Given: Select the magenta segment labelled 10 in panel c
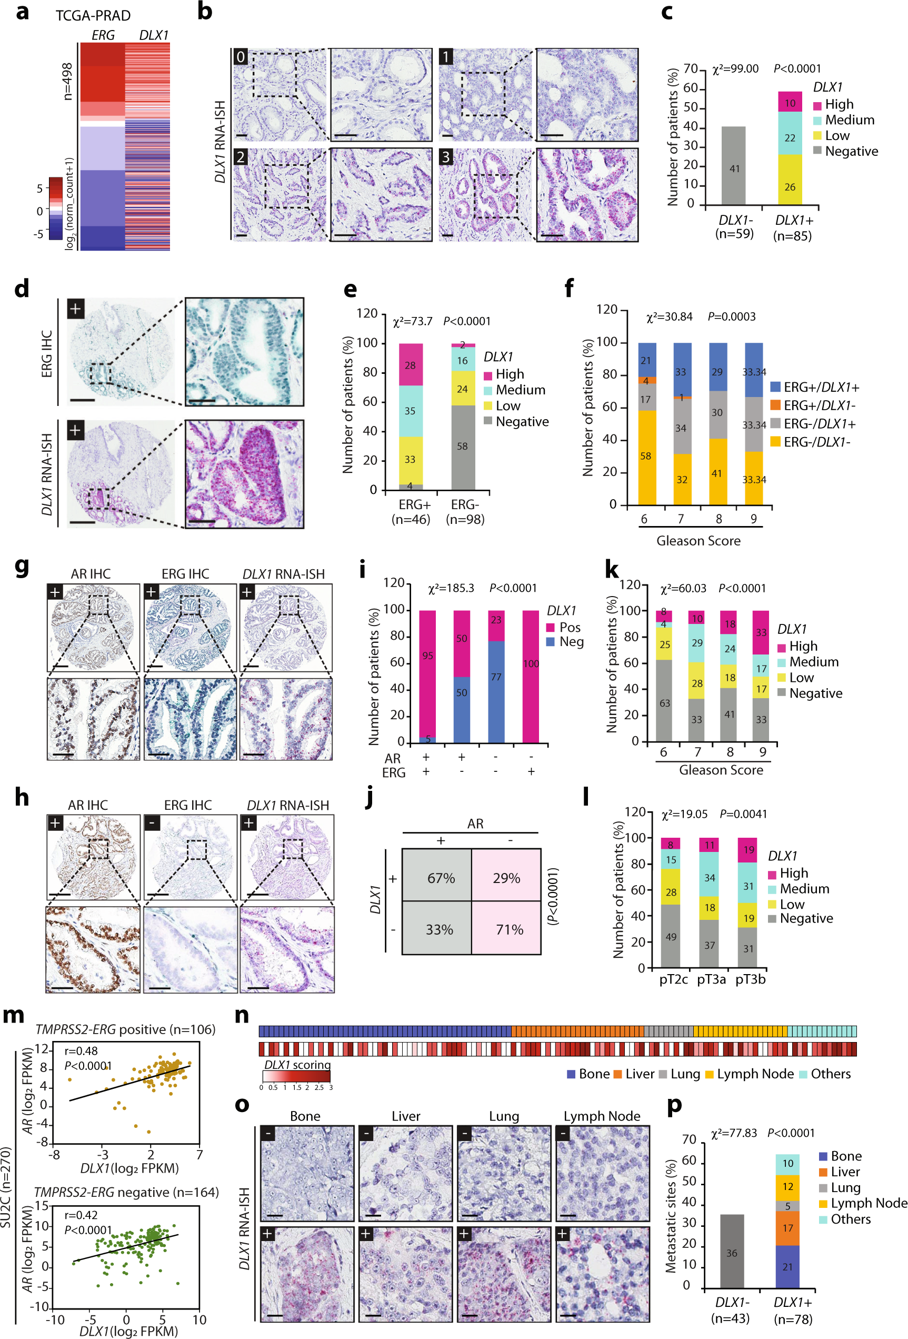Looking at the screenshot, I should tap(790, 102).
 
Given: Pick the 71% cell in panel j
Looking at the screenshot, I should tap(507, 929).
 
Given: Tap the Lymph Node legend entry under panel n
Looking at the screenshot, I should tap(749, 1074).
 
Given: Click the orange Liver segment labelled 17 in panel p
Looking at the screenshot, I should tap(787, 1228).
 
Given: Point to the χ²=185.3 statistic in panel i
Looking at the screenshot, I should tap(451, 588).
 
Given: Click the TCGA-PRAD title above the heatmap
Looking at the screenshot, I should tap(93, 16).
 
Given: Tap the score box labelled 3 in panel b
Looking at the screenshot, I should tap(445, 157).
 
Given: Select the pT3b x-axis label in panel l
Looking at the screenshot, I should tap(750, 979).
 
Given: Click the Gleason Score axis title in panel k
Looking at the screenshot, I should tap(721, 770).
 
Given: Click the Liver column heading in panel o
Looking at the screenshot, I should tap(406, 1116).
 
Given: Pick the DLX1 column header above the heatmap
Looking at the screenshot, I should tap(153, 35).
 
